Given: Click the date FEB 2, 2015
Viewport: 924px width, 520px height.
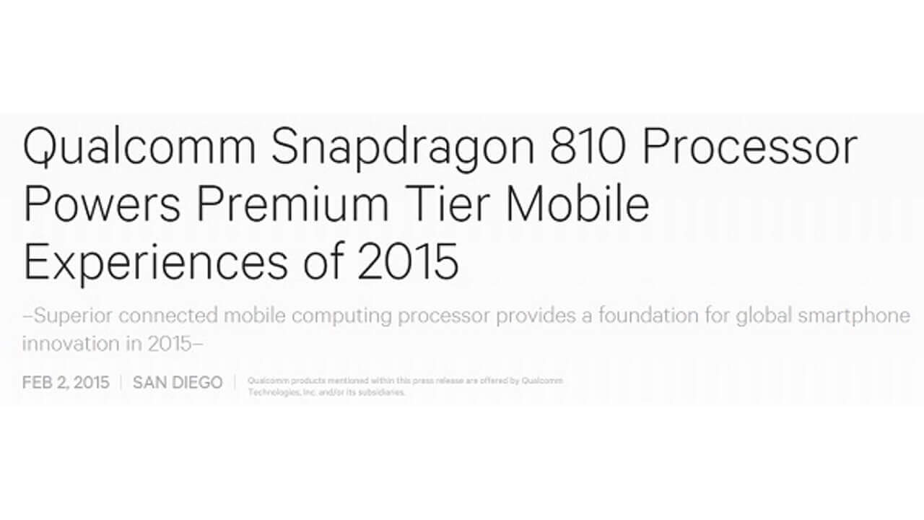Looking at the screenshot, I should point(66,383).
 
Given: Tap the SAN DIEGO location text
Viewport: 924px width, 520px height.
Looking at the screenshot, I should point(178,383).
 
